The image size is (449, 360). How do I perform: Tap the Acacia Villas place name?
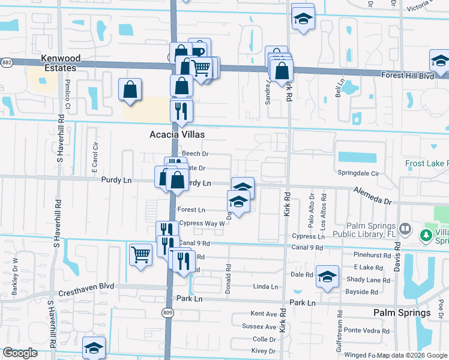click(177, 135)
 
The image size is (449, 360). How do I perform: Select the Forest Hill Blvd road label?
click(408, 76)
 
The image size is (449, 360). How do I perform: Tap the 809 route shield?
click(168, 313)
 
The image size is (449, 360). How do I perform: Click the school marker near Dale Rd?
click(327, 277)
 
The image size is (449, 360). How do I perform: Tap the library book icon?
click(406, 229)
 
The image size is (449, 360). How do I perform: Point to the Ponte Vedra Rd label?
click(361, 330)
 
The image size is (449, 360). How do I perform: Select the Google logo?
click(20, 353)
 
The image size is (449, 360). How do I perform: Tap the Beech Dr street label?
click(195, 154)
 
